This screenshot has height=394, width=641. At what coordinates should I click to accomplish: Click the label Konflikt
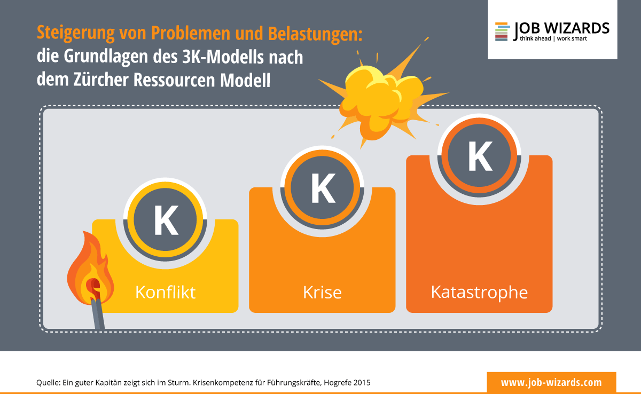[166, 292]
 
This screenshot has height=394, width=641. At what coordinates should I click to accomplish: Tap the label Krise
[322, 293]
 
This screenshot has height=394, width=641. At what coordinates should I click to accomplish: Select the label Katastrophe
[479, 293]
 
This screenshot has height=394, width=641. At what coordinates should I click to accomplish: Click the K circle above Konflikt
[165, 220]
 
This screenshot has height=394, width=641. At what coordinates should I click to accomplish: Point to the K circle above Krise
[322, 187]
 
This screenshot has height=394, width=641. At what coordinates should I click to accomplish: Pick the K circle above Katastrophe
[479, 155]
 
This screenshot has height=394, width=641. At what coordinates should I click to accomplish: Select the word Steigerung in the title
[76, 34]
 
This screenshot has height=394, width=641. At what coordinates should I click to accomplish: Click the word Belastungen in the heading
[315, 34]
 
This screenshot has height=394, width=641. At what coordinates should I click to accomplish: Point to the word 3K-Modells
[223, 57]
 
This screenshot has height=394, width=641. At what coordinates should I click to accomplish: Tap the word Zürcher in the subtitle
[101, 80]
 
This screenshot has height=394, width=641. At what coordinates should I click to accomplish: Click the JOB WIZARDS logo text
[561, 29]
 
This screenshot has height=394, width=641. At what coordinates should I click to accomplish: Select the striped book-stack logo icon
[503, 31]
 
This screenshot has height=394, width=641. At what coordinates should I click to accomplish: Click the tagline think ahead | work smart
[553, 38]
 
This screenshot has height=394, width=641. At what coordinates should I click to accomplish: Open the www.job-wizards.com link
[551, 383]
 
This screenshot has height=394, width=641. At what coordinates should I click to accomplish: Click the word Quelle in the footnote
[49, 383]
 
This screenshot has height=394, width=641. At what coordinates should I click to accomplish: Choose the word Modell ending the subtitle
[245, 80]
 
